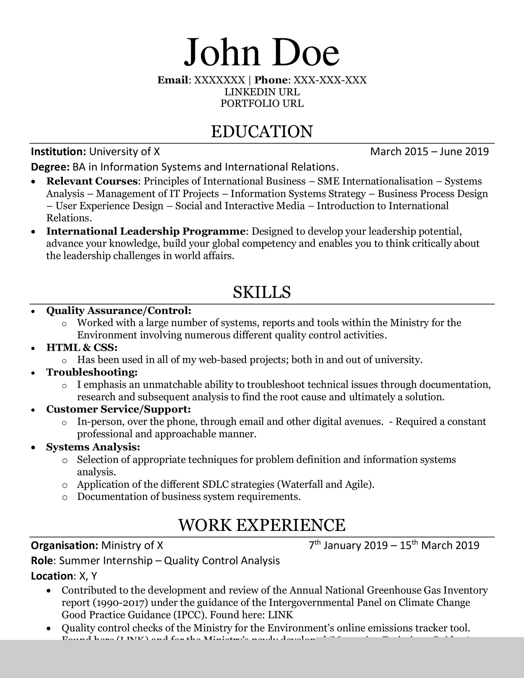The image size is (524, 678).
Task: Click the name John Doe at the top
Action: click(x=262, y=52)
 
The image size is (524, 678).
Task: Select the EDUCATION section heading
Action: click(x=262, y=132)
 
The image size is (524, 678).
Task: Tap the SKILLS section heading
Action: click(x=262, y=292)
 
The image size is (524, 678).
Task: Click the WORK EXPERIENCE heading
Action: click(x=262, y=525)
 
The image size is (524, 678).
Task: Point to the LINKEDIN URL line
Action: click(x=262, y=92)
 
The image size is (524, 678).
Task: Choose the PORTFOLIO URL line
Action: click(x=262, y=103)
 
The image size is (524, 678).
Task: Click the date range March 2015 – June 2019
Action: click(x=429, y=152)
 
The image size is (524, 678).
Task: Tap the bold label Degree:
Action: click(x=50, y=167)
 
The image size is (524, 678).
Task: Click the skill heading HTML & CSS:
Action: click(x=82, y=348)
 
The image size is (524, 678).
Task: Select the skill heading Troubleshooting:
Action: click(x=92, y=372)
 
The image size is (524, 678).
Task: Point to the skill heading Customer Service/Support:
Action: click(x=118, y=409)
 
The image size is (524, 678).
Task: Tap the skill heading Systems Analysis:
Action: click(x=93, y=447)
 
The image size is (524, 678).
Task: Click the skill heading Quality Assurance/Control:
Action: click(x=119, y=310)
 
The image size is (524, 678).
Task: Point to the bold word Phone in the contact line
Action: click(x=270, y=80)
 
